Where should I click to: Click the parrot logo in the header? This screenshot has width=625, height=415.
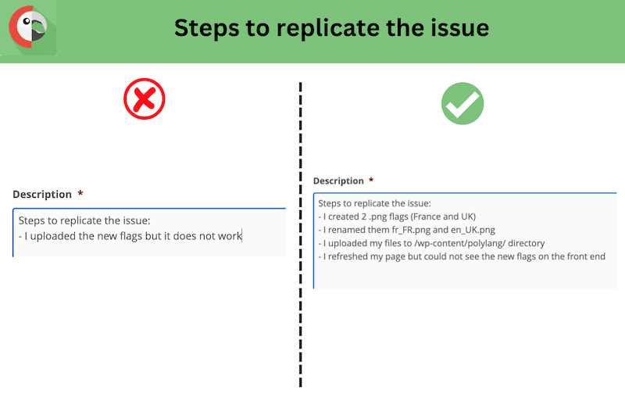28,27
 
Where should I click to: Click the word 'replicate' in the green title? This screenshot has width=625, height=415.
328,29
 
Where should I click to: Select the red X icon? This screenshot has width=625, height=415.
145,99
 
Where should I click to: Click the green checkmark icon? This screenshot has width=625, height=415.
462,104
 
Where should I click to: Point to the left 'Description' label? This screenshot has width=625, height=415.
42,195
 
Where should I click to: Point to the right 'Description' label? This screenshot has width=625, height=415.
338,181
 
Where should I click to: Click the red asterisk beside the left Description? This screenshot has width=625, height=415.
80,193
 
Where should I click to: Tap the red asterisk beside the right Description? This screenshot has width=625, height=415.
371,180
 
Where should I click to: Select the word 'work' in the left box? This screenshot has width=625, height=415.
230,236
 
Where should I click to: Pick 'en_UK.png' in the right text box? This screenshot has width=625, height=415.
473,230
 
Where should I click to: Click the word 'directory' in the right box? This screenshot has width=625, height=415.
526,243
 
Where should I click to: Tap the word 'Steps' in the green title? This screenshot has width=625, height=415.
207,29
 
